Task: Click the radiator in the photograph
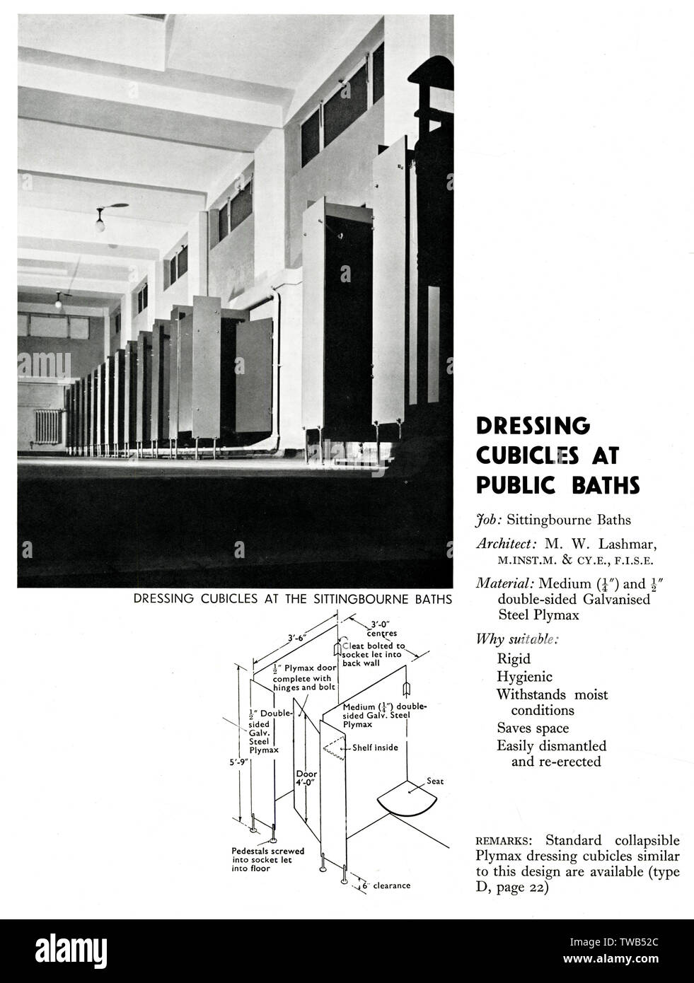click(48, 426)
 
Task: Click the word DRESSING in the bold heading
click(533, 426)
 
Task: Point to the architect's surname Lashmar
click(628, 545)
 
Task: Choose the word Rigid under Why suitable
click(514, 658)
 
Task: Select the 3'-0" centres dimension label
click(381, 629)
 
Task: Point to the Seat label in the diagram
click(435, 781)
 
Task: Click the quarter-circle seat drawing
click(407, 798)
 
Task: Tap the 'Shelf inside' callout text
click(375, 748)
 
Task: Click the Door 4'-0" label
click(306, 778)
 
